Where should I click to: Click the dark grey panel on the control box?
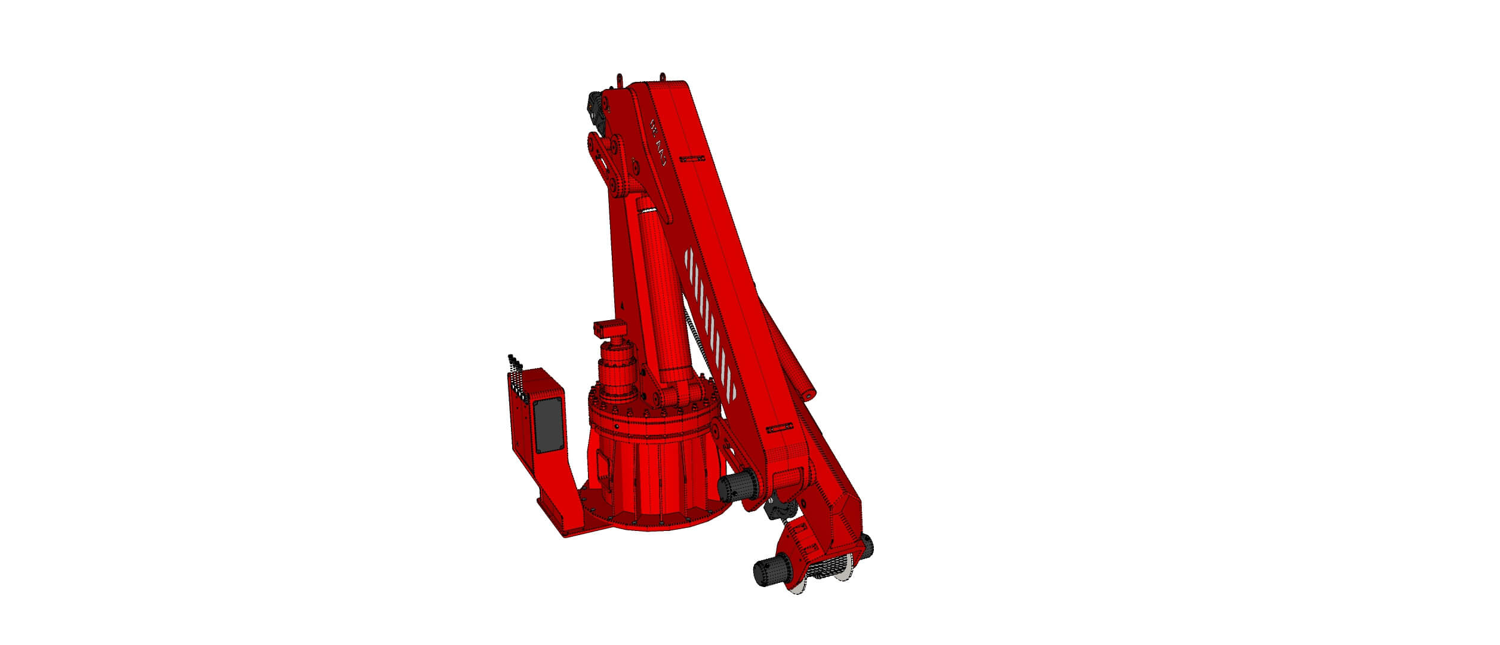[x=130, y=434]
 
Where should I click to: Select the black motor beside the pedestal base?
[x=735, y=489]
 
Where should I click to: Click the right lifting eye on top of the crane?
[x=663, y=78]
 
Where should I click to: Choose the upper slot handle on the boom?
[x=691, y=158]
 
